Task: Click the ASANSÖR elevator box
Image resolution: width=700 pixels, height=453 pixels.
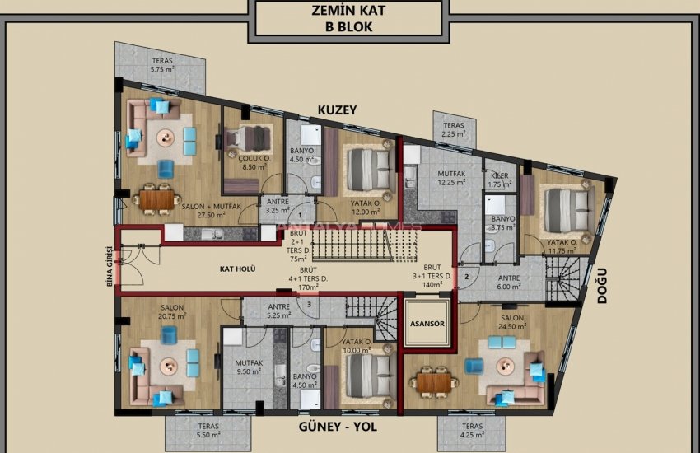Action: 427,324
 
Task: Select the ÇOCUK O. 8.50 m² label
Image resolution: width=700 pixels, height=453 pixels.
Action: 251,162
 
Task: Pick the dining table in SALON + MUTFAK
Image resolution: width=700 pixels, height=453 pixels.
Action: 156,198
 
